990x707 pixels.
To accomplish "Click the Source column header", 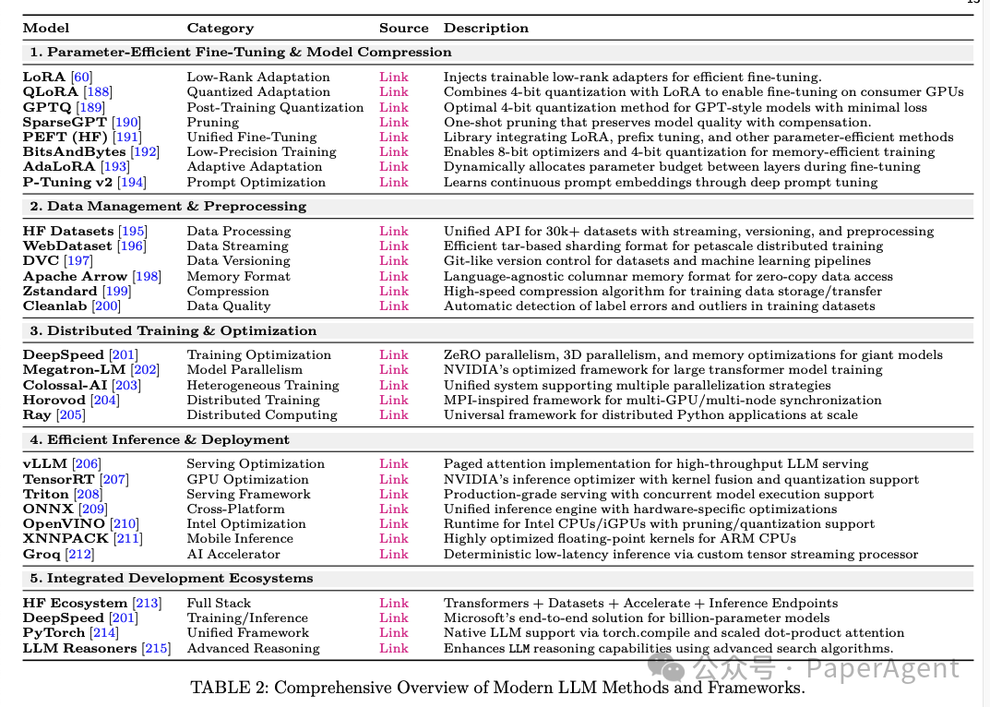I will tap(403, 29).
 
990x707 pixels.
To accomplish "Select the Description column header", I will tap(485, 29).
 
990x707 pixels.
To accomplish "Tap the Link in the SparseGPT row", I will tap(393, 122).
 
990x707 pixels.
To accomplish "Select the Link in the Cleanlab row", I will tap(393, 306).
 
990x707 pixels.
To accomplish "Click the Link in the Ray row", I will tap(393, 414).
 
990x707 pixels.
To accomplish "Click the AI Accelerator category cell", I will tap(233, 554).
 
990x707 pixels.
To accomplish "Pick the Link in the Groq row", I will tap(393, 554).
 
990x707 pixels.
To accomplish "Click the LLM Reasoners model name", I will tap(79, 648).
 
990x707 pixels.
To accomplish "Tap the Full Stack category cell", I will tap(219, 603).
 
